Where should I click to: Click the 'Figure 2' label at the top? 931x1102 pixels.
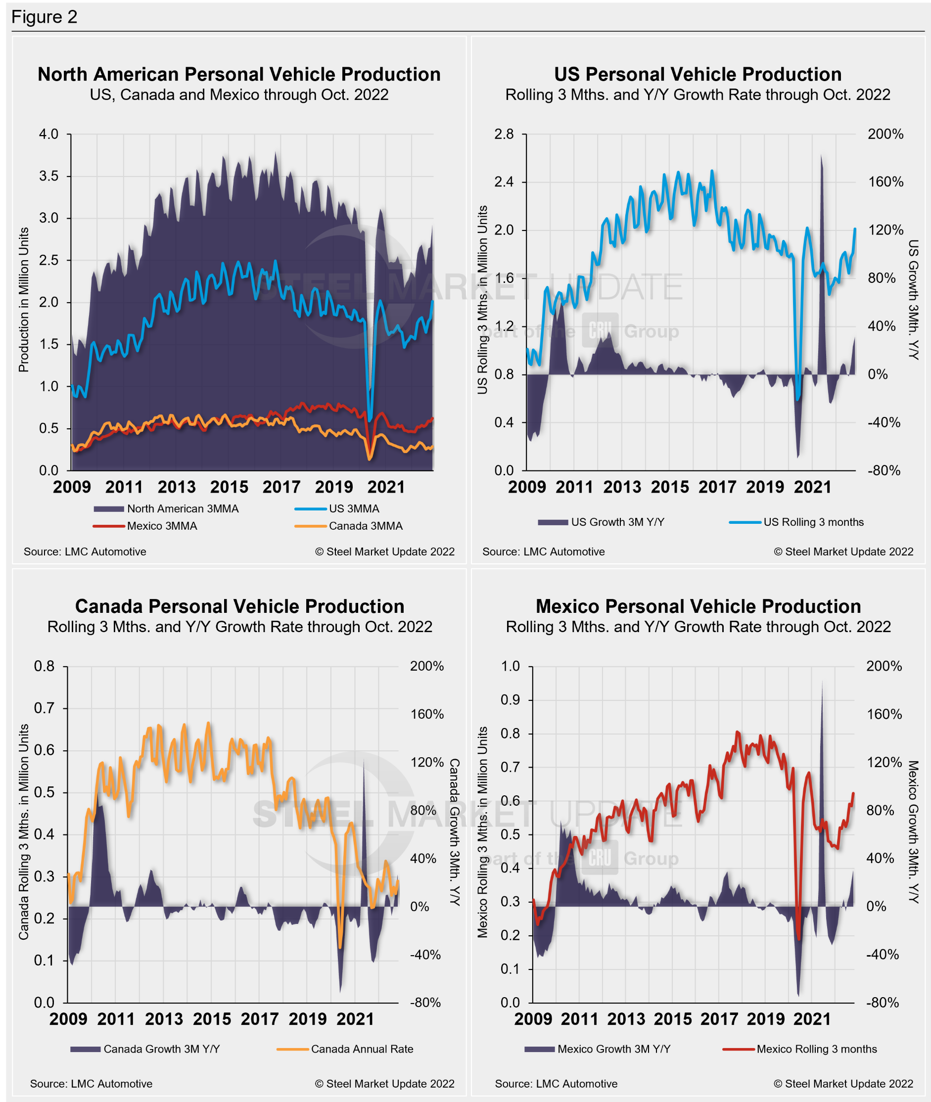(x=45, y=17)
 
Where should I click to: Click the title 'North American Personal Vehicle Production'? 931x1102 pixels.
(x=239, y=74)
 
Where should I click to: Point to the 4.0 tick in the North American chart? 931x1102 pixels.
(x=48, y=134)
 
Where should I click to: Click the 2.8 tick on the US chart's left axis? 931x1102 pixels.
(x=504, y=134)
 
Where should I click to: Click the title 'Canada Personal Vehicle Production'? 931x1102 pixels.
(x=239, y=606)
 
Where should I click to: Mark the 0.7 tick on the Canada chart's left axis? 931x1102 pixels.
(x=45, y=708)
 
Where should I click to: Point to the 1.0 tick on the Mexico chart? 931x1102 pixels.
(x=511, y=666)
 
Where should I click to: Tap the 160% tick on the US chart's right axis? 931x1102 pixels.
(x=885, y=182)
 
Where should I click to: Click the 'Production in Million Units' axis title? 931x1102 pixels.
(x=24, y=300)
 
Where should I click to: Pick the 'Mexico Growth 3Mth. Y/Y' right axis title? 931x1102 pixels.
(x=913, y=831)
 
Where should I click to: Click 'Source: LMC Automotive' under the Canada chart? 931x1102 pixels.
(x=92, y=1084)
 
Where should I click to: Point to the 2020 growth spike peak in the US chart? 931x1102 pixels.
(x=821, y=156)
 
